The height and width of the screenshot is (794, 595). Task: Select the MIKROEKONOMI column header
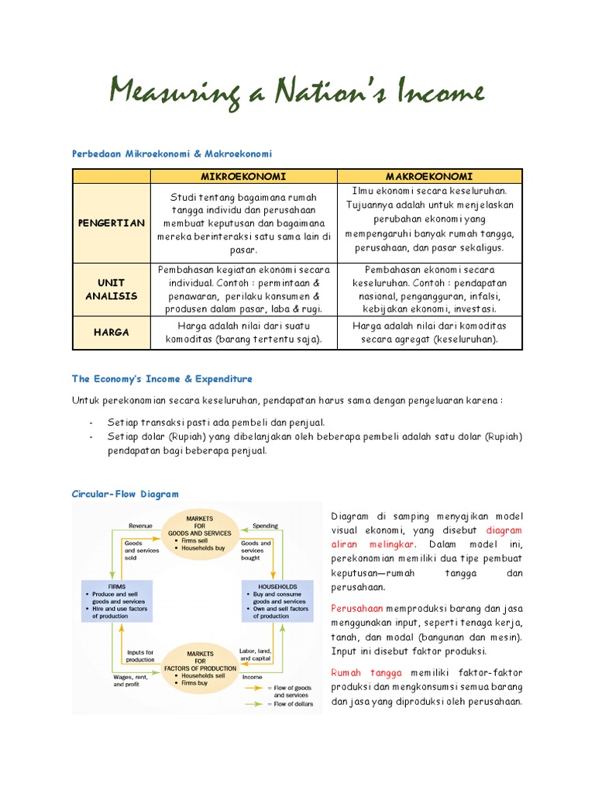pyautogui.click(x=243, y=176)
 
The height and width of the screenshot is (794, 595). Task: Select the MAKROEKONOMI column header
pyautogui.click(x=429, y=176)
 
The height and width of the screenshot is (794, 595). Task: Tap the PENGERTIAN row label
pyautogui.click(x=111, y=223)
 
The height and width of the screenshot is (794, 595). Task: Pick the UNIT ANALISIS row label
pyautogui.click(x=111, y=289)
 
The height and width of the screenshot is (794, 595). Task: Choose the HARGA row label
pyautogui.click(x=111, y=333)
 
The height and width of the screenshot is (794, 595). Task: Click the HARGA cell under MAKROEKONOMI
pyautogui.click(x=429, y=333)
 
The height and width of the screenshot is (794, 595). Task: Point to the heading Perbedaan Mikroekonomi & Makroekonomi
pyautogui.click(x=172, y=154)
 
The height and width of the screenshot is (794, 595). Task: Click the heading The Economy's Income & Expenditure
pyautogui.click(x=162, y=379)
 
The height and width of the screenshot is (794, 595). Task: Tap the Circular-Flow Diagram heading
pyautogui.click(x=125, y=493)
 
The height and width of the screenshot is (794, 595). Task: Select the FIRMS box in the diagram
pyautogui.click(x=119, y=600)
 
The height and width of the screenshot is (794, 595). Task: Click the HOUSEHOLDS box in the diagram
pyautogui.click(x=277, y=600)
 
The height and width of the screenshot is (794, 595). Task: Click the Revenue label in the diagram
pyautogui.click(x=140, y=525)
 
